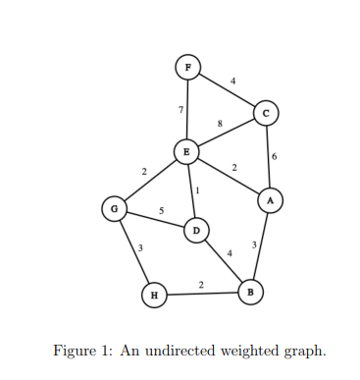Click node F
point(187,67)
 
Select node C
point(265,113)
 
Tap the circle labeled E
point(186,151)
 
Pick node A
point(270,199)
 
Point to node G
point(115,208)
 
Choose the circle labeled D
point(196,230)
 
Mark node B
point(250,292)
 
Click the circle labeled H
point(152,294)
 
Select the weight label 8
point(220,123)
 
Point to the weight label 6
point(274,156)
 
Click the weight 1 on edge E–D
point(197,190)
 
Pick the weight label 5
point(161,211)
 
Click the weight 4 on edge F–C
point(232,80)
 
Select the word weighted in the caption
point(243,351)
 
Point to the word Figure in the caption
point(74,351)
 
